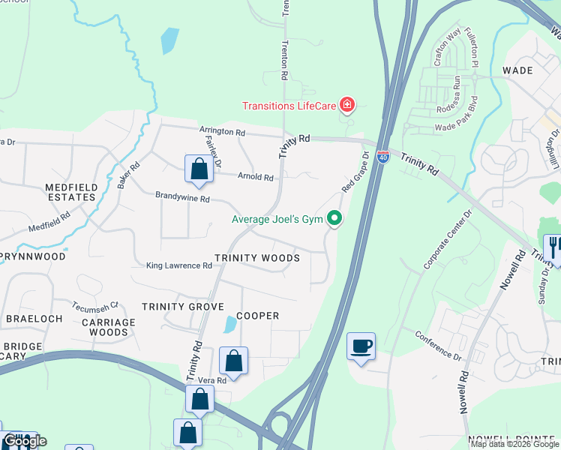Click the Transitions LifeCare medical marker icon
coord(346,104)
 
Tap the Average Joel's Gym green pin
coord(335,219)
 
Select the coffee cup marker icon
coord(361,346)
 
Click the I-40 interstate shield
coord(383,157)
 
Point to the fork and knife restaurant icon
coord(553,248)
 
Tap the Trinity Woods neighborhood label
coord(257,258)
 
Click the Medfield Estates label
coord(70,192)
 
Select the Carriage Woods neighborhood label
coord(109,327)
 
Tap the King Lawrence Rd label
coord(179,265)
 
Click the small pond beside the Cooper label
coord(228,325)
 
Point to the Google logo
coord(25,441)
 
